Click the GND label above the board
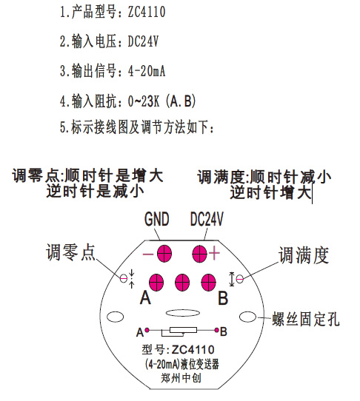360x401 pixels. [x=157, y=219]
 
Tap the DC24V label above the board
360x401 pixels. [x=207, y=219]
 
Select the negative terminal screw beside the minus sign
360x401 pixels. [x=164, y=254]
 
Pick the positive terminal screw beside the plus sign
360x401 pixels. [x=199, y=254]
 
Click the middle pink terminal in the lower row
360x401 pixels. [x=182, y=283]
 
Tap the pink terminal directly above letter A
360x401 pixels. [x=156, y=283]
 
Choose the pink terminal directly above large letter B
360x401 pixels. [x=208, y=283]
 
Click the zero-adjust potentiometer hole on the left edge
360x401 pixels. [x=124, y=278]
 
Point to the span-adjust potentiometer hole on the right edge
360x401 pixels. [x=240, y=279]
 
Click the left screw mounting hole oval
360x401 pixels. [x=116, y=317]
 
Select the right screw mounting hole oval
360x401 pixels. [x=247, y=317]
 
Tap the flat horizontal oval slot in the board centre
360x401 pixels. [x=182, y=313]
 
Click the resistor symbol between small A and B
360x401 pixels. [x=179, y=331]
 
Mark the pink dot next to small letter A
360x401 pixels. [x=147, y=330]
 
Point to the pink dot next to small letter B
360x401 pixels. [x=216, y=330]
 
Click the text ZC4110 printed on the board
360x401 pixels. [x=193, y=350]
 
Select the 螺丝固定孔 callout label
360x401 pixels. [x=306, y=319]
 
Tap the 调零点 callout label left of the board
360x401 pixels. [x=70, y=252]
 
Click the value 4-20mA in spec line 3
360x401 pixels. [x=147, y=70]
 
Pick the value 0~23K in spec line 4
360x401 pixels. [x=144, y=101]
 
